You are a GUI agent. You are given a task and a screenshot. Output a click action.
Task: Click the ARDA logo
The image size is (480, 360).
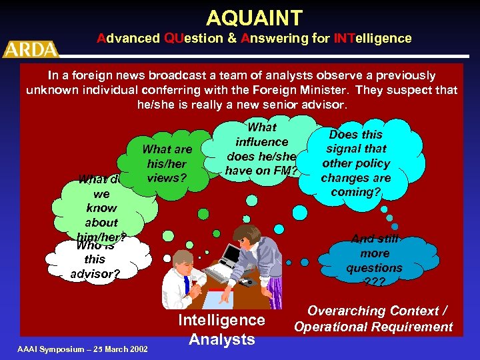click(x=31, y=48)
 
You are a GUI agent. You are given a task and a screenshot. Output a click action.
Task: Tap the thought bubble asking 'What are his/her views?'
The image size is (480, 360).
click(x=167, y=163)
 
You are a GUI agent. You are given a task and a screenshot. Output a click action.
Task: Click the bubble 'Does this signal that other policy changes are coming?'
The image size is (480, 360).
click(x=356, y=163)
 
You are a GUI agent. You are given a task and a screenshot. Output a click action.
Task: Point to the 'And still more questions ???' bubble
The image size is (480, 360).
click(x=374, y=260)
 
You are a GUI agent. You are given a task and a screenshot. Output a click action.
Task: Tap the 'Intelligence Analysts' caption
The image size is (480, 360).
click(x=221, y=329)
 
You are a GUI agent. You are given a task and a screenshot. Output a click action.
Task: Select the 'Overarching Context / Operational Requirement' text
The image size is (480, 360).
click(x=373, y=319)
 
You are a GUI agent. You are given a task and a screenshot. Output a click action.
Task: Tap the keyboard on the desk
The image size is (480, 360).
click(x=217, y=274)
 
